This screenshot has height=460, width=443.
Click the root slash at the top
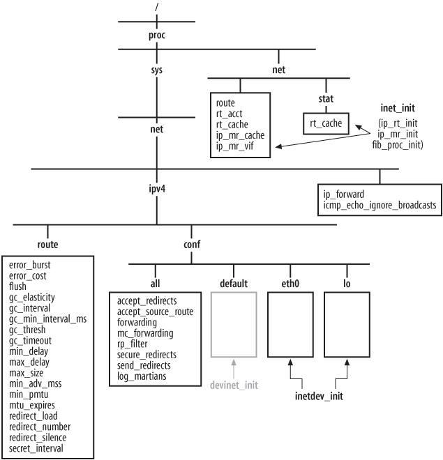coord(158,8)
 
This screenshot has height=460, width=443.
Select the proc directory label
coord(158,35)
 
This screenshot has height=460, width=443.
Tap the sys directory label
coord(158,70)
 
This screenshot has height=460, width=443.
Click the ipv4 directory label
coord(158,189)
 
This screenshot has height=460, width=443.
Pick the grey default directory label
coord(234,284)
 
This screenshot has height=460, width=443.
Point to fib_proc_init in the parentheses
coord(400,145)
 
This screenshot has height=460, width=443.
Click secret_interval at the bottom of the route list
coord(35,448)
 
